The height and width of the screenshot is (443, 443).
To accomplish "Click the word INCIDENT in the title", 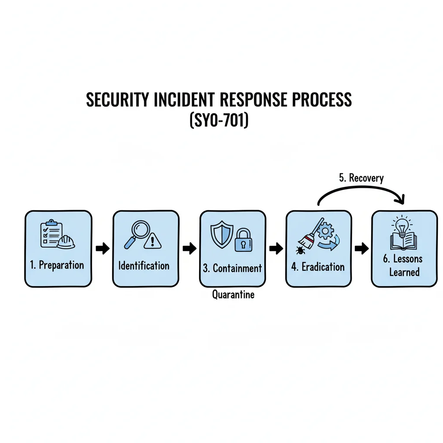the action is tap(184, 100).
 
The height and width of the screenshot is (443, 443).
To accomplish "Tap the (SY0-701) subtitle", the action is tap(219, 120).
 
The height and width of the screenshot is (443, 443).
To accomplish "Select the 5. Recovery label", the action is tap(361, 178).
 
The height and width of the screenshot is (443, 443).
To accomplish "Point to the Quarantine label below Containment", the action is tap(233, 295).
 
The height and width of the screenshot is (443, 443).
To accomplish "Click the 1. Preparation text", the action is tap(57, 265).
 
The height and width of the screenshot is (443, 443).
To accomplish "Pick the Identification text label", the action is tap(144, 266).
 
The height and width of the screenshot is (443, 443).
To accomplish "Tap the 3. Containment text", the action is tap(232, 268).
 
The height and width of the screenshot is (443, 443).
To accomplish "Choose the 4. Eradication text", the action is tap(318, 266).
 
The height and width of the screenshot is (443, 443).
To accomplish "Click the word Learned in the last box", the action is tap(404, 272).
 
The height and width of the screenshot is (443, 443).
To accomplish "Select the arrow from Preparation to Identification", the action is tap(103, 248).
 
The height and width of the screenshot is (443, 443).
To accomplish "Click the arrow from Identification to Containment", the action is tap(189, 248).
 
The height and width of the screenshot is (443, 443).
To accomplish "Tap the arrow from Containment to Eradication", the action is tap(276, 248).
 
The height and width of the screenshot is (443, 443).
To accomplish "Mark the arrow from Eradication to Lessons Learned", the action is tap(362, 248).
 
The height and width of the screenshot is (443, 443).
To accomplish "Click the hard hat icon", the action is tap(66, 242).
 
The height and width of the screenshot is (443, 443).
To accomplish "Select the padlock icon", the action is tap(244, 240).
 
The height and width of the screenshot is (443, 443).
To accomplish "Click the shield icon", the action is tap(222, 234).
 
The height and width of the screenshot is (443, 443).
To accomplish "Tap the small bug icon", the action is tap(300, 250).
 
